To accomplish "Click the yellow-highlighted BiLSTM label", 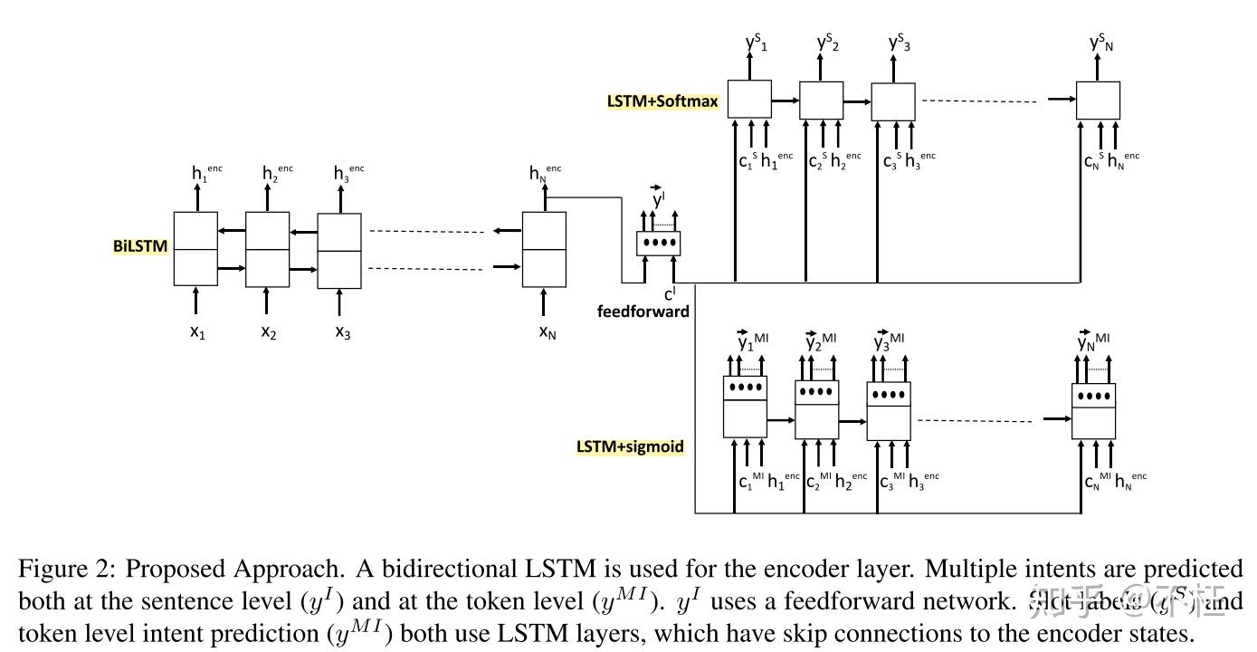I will point(140,246).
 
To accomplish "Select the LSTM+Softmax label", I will point(662,101).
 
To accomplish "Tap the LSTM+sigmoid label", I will point(630,446).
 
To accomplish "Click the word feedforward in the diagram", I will point(643,312).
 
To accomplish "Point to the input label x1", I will point(197,332).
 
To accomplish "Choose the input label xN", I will point(547,332).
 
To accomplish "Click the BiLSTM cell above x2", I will point(268,249).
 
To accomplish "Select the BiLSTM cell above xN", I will point(544,249).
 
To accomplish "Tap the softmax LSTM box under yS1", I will point(749,99).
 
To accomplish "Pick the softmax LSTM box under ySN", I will point(1098,100).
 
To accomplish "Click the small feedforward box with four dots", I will point(658,243).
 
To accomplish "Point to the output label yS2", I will point(827,42).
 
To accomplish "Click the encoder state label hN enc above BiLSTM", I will point(545,171).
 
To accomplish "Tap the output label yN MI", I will point(1096,341).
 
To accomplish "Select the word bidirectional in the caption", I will point(451,570).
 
